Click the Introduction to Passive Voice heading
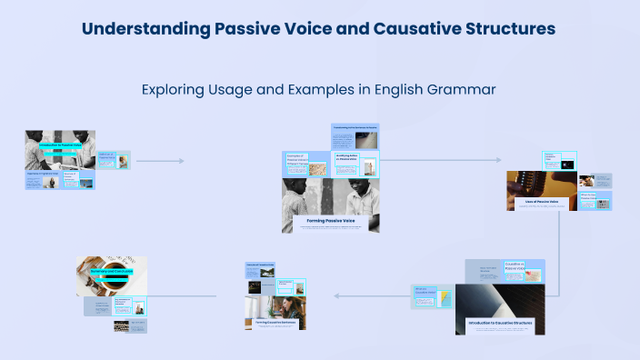[58, 144]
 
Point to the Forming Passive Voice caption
[330, 219]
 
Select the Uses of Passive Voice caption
[541, 202]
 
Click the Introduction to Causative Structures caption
[499, 323]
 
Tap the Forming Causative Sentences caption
[275, 321]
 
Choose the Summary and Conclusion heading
[111, 273]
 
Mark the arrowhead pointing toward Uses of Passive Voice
[498, 161]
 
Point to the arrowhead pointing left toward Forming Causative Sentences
[336, 295]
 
